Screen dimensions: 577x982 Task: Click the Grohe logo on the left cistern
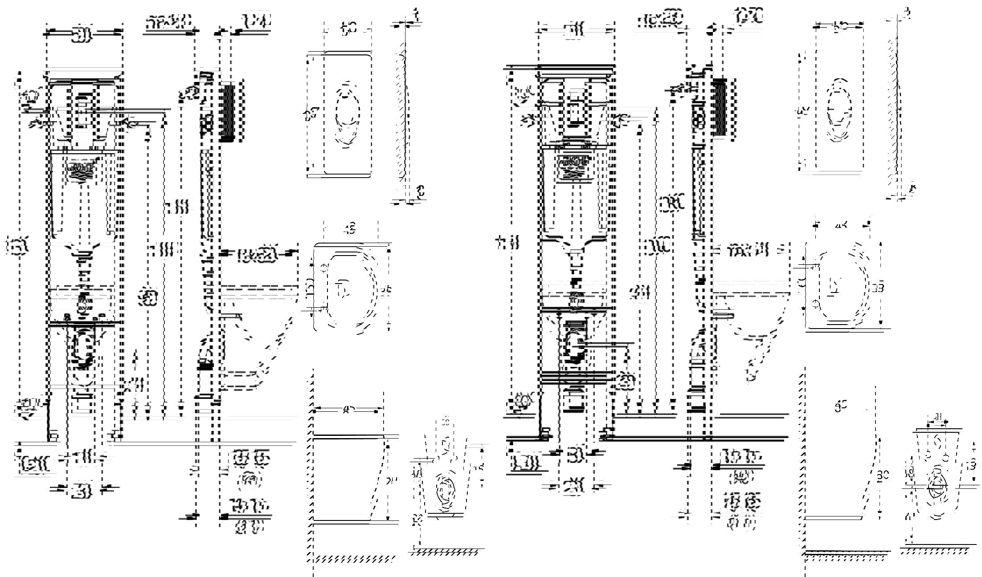click(x=81, y=170)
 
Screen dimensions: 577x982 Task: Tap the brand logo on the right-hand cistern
click(x=574, y=164)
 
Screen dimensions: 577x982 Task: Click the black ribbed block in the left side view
click(x=228, y=111)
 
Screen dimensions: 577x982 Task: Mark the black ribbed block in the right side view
click(x=719, y=108)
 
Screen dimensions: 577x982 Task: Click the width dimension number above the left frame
click(x=83, y=34)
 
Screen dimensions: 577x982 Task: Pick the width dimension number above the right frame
click(x=575, y=31)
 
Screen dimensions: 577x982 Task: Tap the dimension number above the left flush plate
click(x=349, y=30)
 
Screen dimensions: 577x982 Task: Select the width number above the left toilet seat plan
click(x=350, y=230)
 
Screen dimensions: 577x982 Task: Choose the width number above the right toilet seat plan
click(x=842, y=226)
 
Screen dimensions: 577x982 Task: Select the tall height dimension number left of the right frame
click(x=512, y=244)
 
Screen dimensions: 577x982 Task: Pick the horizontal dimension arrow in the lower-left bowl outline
click(x=348, y=409)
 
